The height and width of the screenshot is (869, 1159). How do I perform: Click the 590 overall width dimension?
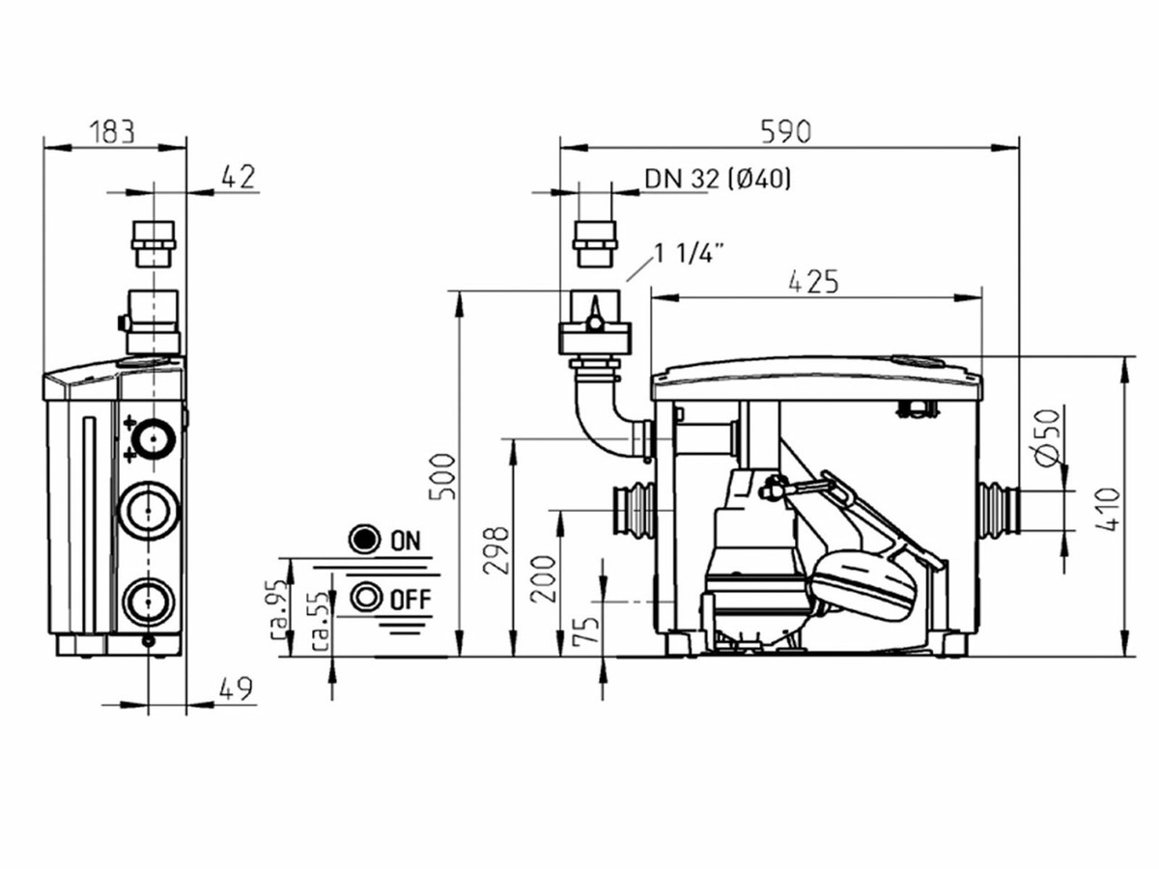pyautogui.click(x=785, y=132)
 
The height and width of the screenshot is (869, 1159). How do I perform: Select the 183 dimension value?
pyautogui.click(x=112, y=132)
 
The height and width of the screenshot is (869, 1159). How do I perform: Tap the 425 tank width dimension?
pyautogui.click(x=813, y=282)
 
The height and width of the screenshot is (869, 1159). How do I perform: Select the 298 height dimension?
pyautogui.click(x=496, y=550)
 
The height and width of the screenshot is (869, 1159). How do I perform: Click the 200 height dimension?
pyautogui.click(x=544, y=578)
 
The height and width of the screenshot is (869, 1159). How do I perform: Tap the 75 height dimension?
pyautogui.click(x=586, y=630)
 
